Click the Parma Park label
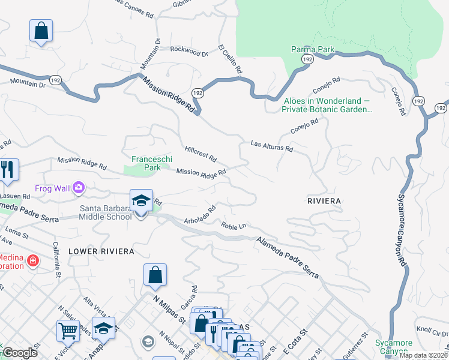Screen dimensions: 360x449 coord(313,49)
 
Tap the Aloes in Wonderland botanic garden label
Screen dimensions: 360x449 coord(328,106)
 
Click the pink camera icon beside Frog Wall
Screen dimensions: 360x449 coord(79,188)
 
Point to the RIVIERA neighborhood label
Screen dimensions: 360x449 coord(324,200)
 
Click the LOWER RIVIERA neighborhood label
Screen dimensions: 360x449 coord(101,251)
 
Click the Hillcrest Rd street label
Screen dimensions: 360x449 coord(200,154)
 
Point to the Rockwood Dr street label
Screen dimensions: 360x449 coord(188,52)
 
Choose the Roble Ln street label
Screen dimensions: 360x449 coord(234,226)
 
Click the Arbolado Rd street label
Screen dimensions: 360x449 coord(200,216)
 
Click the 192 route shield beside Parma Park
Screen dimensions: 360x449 coord(307,59)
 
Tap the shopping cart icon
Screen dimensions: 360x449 coord(68,329)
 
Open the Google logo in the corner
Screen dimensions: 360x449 coord(19,353)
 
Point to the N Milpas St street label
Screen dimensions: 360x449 coord(169,310)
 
